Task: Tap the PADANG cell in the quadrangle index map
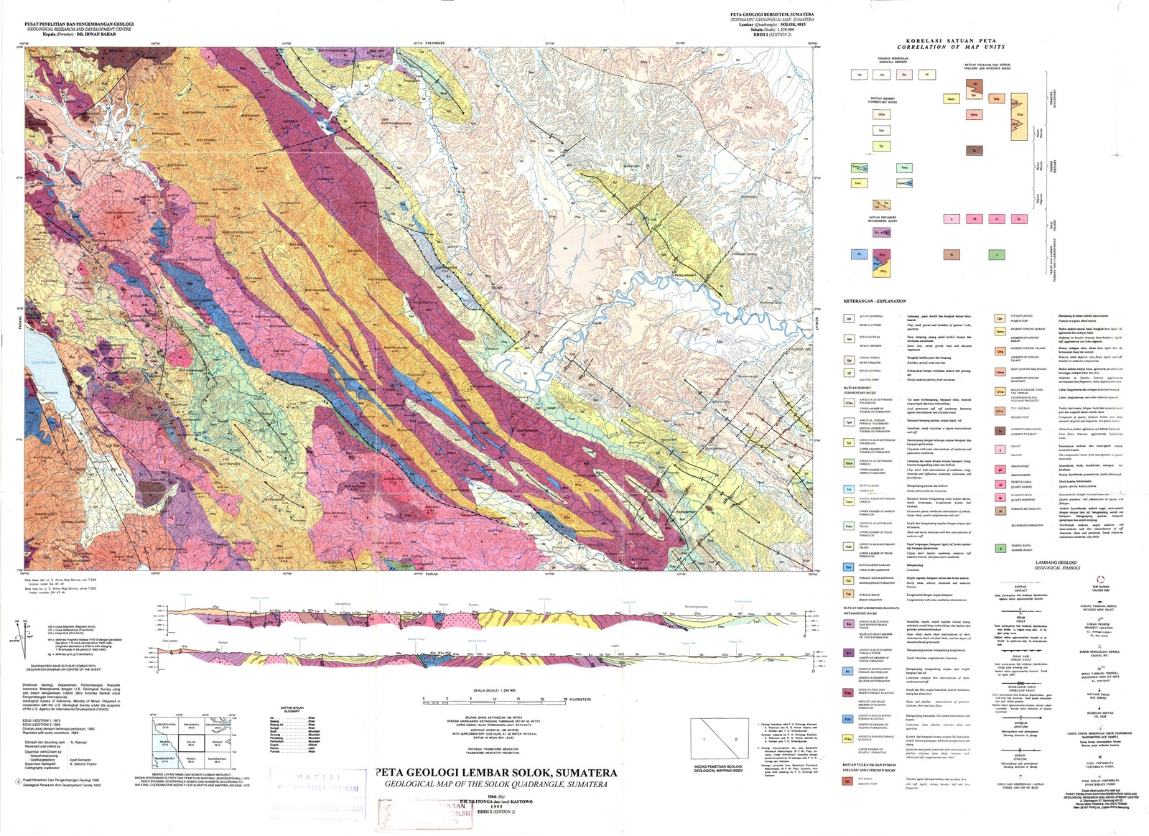click(x=165, y=743)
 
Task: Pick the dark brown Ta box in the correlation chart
click(x=974, y=150)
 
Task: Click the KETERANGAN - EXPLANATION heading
click(x=875, y=302)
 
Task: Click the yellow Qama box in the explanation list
click(x=1000, y=331)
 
